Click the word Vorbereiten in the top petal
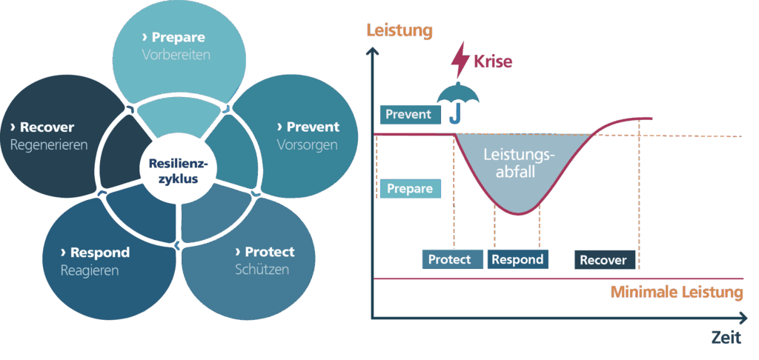(x=176, y=55)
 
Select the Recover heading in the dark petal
(x=42, y=127)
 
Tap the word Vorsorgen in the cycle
(x=307, y=144)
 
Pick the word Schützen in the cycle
(x=262, y=269)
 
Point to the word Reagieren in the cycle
(x=90, y=270)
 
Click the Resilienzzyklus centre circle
(x=178, y=171)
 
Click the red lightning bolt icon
(x=460, y=61)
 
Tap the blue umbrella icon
(x=456, y=101)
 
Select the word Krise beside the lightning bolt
(x=493, y=62)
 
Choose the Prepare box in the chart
(x=410, y=189)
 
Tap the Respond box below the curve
(x=517, y=259)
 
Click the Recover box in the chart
(x=605, y=260)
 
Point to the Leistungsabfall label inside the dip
(x=518, y=163)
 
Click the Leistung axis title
(x=399, y=31)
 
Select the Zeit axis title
(x=726, y=338)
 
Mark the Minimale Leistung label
(x=676, y=293)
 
